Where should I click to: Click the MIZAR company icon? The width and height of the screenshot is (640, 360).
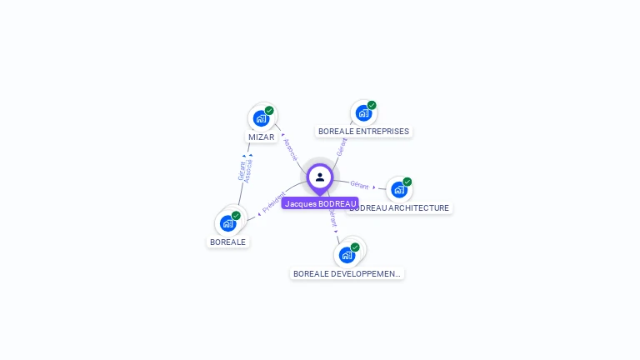coord(261,118)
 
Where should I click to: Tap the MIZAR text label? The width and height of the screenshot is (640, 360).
coord(261,137)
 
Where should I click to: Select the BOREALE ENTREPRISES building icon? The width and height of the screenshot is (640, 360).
coord(363,113)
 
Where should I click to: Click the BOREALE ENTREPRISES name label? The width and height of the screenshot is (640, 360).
coord(363,132)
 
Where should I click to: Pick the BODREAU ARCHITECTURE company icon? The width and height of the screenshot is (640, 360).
coord(398,189)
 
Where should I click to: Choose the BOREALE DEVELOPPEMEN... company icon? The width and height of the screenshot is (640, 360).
coord(347,255)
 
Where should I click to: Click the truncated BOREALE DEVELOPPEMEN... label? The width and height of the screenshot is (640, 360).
coord(347,273)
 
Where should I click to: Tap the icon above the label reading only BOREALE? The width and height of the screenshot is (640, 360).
coord(227,223)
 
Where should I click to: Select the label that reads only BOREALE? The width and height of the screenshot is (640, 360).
coord(228,242)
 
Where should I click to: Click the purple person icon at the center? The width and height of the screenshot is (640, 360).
coord(320,177)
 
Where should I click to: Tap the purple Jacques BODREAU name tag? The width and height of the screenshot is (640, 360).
coord(320,203)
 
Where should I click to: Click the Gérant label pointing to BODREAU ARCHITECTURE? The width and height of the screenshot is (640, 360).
coord(359,184)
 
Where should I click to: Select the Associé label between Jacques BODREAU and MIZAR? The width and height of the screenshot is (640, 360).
coord(290,148)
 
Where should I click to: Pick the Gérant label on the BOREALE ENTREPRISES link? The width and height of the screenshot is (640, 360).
coord(341,147)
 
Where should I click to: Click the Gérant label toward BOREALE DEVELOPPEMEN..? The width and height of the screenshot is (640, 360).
coord(332,219)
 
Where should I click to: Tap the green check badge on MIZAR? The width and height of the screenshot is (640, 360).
coord(269,110)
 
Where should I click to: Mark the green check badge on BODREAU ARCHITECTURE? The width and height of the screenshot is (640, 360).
coord(407,182)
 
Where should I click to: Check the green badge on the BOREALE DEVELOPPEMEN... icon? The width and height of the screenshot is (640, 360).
coord(355,247)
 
